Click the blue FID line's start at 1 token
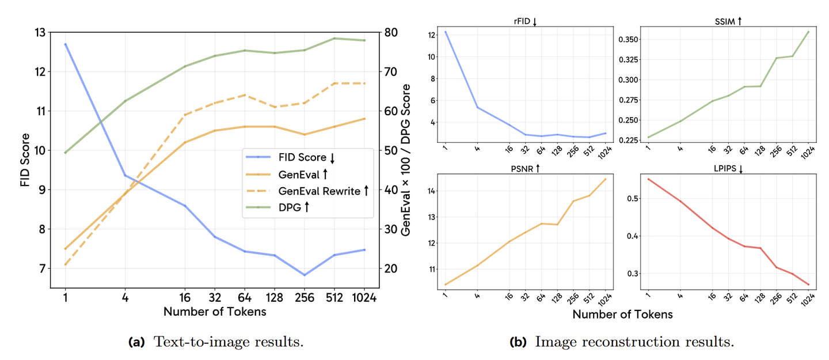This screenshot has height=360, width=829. coord(65,44)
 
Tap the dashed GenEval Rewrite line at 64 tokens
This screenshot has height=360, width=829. coord(244,95)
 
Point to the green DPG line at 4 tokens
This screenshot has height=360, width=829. coord(125,101)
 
